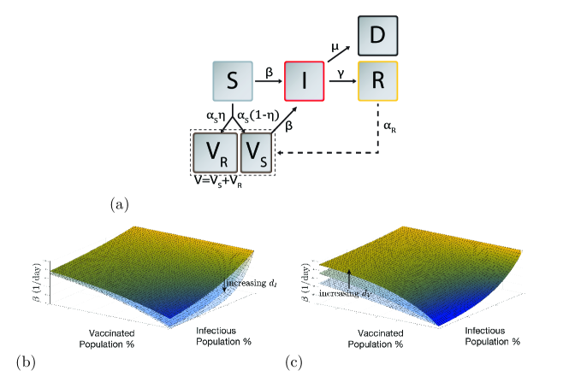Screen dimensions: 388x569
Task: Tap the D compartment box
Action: click(376, 36)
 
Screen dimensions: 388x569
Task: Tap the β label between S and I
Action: click(268, 73)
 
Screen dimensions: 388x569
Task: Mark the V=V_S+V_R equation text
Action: click(220, 182)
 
